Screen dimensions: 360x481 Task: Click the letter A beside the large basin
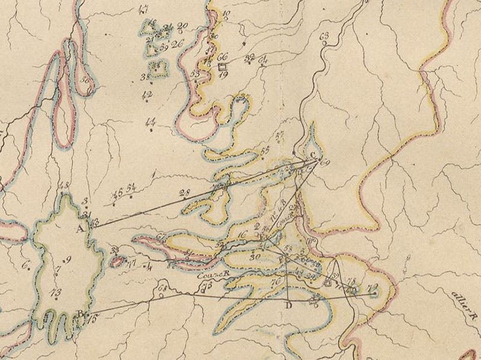pos(79,228)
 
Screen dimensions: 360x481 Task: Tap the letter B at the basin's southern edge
pos(80,313)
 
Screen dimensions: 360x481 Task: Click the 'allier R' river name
pos(464,295)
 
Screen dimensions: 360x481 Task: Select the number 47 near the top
pos(142,8)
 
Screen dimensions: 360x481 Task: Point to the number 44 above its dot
pos(151,122)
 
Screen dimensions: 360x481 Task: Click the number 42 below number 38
pos(147,95)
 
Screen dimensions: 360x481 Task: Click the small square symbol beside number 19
pos(222,66)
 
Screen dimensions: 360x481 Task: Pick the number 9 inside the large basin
pos(67,260)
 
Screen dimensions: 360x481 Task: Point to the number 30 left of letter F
pos(254,256)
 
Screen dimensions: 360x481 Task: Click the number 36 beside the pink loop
pos(85,79)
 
